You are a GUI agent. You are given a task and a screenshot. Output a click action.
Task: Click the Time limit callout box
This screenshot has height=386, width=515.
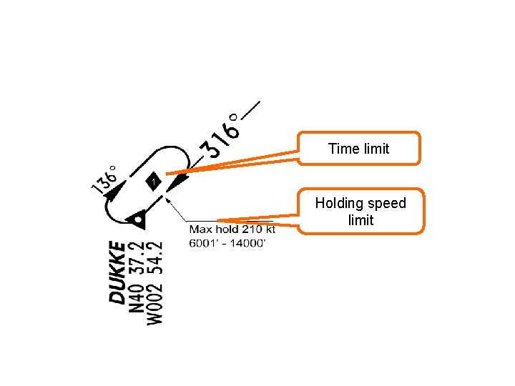click(x=359, y=149)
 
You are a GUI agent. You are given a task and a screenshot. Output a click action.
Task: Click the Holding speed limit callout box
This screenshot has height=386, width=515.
click(x=360, y=212)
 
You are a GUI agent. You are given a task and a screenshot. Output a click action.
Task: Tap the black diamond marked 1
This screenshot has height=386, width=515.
click(x=153, y=182)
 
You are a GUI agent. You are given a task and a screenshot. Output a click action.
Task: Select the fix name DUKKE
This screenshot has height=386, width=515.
click(x=117, y=272)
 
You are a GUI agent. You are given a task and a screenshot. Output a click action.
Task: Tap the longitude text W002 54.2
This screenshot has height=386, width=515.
click(x=154, y=283)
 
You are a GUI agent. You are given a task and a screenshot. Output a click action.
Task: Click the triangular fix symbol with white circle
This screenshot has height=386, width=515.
click(x=137, y=219)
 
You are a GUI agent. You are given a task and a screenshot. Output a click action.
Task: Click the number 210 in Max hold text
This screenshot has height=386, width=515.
click(x=251, y=229)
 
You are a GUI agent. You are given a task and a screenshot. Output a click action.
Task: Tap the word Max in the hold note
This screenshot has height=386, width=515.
click(x=200, y=229)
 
